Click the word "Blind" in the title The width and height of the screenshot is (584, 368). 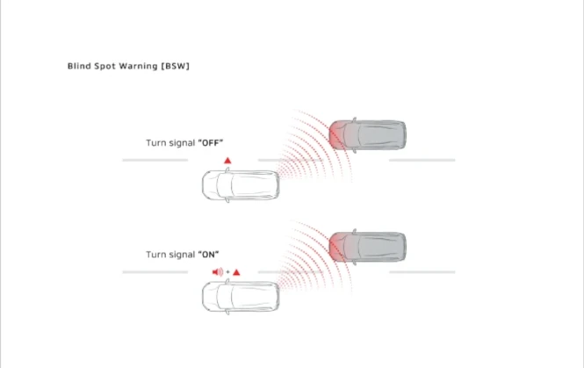click(79, 66)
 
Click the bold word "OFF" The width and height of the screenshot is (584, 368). click(211, 142)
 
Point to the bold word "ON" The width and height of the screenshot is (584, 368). click(208, 255)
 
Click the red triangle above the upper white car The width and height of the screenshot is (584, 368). click(227, 161)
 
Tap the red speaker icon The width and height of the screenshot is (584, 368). click(218, 272)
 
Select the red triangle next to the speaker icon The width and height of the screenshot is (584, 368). click(236, 272)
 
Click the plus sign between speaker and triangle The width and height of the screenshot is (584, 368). click(227, 272)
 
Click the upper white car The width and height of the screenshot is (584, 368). click(241, 185)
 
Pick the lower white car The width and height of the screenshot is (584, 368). click(241, 297)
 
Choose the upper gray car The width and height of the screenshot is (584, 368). click(367, 135)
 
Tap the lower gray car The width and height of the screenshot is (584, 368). click(367, 247)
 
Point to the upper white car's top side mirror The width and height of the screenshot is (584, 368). click(227, 170)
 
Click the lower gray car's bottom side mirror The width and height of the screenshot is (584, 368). click(354, 263)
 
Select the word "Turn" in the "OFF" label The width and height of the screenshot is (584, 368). click(155, 142)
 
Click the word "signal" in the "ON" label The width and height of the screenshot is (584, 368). click(182, 255)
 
